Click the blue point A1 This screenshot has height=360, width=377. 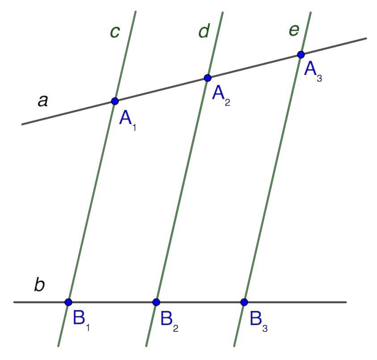click(x=115, y=101)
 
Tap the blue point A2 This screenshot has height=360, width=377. click(x=207, y=78)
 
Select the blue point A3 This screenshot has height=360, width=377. click(x=301, y=54)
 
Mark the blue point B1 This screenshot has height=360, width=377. click(x=68, y=302)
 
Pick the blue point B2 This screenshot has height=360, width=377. click(x=156, y=302)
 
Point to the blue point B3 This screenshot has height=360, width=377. click(x=244, y=302)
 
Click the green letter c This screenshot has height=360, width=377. click(x=115, y=32)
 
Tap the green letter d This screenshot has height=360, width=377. click(x=204, y=32)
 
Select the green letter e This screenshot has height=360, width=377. click(x=293, y=31)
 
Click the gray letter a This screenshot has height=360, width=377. click(x=42, y=101)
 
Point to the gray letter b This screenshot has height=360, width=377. click(x=39, y=285)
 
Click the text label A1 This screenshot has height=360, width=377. click(x=128, y=120)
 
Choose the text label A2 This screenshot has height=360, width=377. click(x=221, y=95)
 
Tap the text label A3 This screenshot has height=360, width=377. click(x=313, y=71)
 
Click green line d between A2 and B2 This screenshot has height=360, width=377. click(x=182, y=190)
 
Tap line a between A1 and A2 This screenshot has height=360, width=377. click(x=161, y=90)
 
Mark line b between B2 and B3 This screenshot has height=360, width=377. click(x=200, y=302)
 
